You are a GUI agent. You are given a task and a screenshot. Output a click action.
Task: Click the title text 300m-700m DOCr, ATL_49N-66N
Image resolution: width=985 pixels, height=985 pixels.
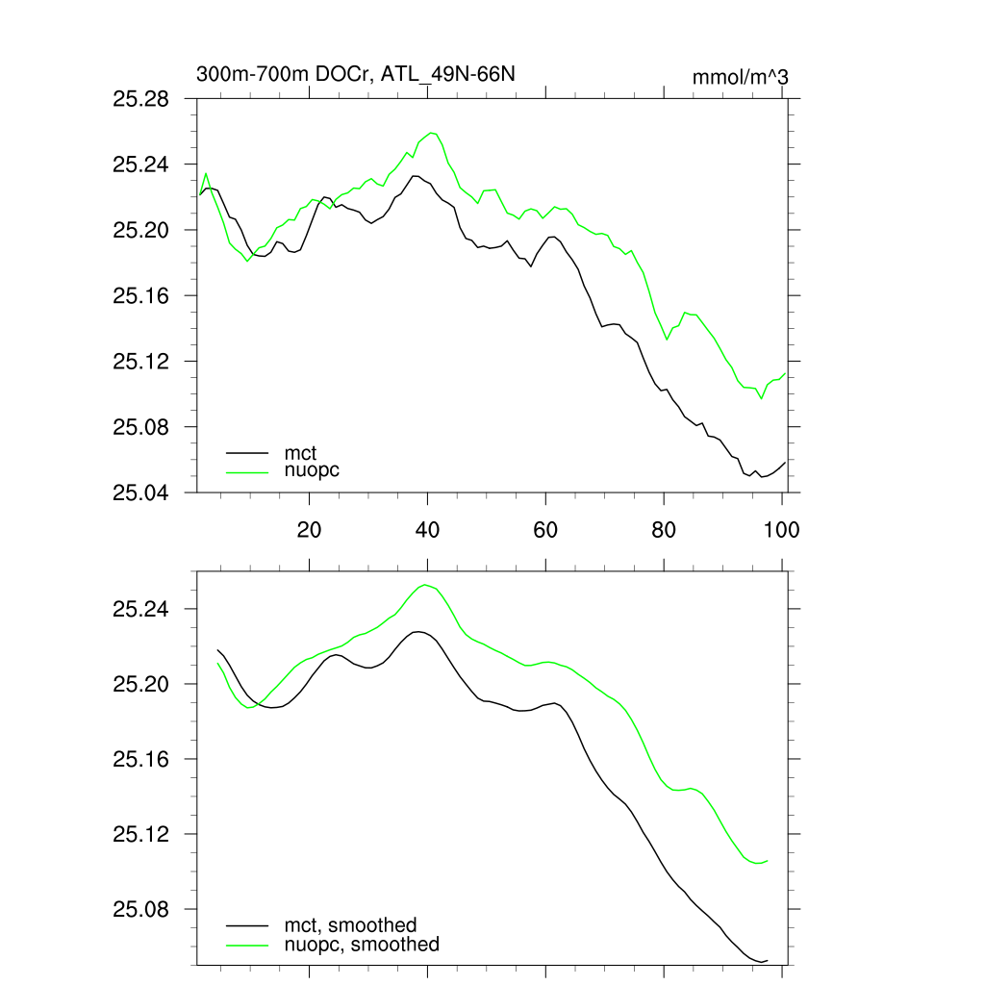[x=361, y=75]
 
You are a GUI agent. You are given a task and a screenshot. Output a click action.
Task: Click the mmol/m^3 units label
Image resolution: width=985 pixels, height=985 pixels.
[x=740, y=77]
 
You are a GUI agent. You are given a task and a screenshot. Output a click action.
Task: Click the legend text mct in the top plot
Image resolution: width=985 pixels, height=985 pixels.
[x=300, y=451]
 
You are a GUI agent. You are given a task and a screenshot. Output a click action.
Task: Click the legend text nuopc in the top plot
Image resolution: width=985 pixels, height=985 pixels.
[x=313, y=471]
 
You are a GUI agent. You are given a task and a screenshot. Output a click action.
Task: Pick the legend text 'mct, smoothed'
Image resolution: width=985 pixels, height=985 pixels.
[x=351, y=925]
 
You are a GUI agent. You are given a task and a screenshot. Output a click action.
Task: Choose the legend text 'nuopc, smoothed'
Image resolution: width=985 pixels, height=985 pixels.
[x=362, y=946]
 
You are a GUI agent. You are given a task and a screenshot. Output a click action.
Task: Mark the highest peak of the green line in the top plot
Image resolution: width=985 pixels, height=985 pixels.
[x=431, y=133]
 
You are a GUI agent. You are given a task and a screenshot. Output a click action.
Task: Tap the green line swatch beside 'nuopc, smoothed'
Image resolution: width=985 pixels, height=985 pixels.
[x=247, y=946]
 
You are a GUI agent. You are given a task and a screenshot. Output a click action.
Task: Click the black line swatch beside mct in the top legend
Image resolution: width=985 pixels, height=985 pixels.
[x=247, y=451]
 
